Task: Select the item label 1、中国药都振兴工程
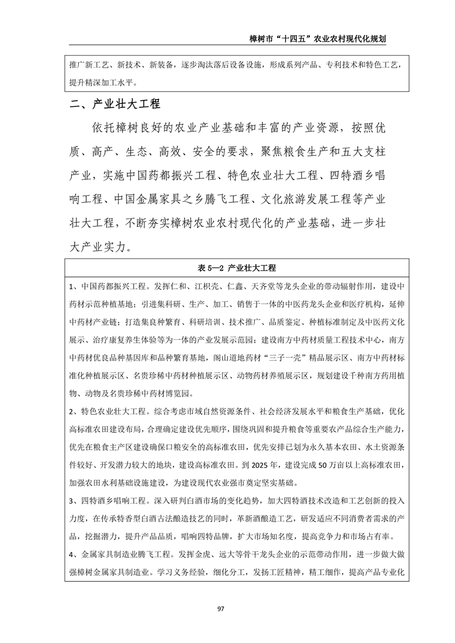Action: [x=105, y=286]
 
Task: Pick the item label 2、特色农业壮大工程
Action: [x=105, y=411]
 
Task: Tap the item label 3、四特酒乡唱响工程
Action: [x=105, y=501]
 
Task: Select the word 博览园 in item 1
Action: [x=181, y=394]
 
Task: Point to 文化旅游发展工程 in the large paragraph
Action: [x=303, y=199]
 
